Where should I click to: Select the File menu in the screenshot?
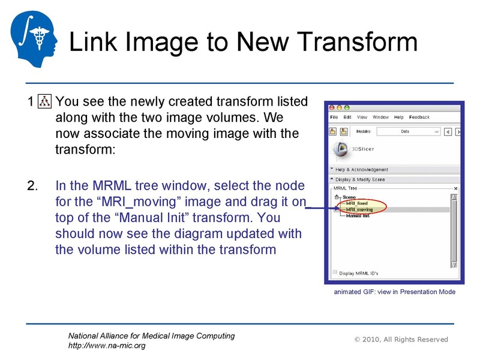334,117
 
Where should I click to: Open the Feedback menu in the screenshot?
420,117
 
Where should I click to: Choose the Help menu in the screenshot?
399,117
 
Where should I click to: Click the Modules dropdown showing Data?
414,131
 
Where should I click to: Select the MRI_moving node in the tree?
359,209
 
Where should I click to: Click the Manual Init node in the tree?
358,215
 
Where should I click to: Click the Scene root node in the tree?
349,197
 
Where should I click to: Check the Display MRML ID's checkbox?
335,272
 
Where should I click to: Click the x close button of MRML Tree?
455,188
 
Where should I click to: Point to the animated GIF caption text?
394,292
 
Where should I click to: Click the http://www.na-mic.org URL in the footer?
106,346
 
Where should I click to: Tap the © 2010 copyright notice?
401,340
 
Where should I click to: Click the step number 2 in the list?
32,185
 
